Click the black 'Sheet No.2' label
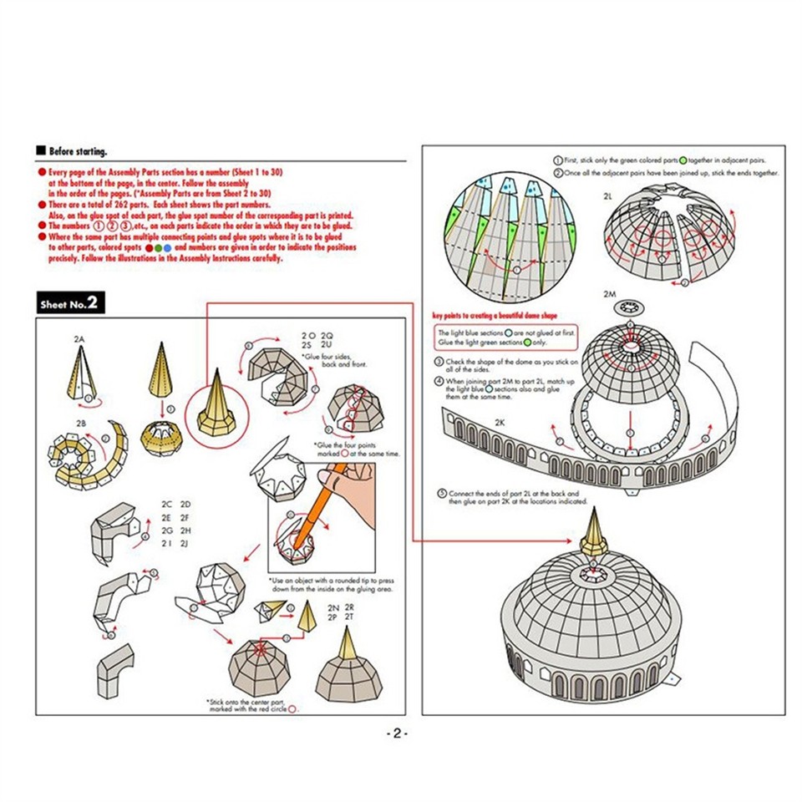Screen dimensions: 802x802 pyautogui.click(x=71, y=303)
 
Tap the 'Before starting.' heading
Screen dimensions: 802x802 pyautogui.click(x=77, y=151)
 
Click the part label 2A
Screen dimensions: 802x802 pyautogui.click(x=80, y=338)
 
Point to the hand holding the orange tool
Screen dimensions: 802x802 pyautogui.click(x=351, y=489)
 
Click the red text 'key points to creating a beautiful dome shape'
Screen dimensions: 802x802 pyautogui.click(x=495, y=316)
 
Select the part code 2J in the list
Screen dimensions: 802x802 pyautogui.click(x=186, y=544)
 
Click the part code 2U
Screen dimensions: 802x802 pyautogui.click(x=327, y=344)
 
